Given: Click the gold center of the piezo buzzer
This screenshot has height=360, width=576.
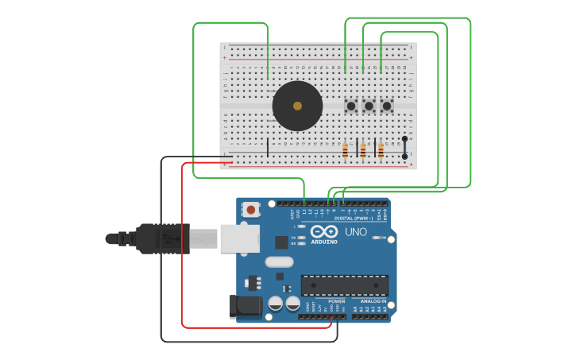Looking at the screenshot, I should tap(297, 106).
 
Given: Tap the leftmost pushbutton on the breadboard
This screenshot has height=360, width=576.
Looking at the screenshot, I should tap(350, 106).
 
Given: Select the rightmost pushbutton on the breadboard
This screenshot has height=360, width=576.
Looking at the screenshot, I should tap(387, 106).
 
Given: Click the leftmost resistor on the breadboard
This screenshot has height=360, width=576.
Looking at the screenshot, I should tap(345, 150).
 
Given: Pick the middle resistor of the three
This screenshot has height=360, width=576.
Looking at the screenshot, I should tap(363, 150).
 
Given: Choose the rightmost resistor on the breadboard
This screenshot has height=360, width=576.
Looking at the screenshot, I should tap(381, 150).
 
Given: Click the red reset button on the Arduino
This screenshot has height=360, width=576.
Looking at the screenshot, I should tap(251, 210).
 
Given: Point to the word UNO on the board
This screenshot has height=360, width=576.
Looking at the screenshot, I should tap(355, 232).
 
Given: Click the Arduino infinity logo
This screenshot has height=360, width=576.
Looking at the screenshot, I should tap(330, 232).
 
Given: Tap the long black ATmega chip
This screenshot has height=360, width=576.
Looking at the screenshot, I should tap(345, 285).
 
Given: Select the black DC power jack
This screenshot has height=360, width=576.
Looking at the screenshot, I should tap(245, 307).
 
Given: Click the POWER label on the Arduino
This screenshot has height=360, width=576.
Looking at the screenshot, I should tap(337, 301).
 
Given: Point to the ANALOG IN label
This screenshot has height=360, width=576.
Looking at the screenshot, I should tap(373, 301).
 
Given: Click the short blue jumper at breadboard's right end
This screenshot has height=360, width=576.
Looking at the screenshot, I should tap(404, 148).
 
